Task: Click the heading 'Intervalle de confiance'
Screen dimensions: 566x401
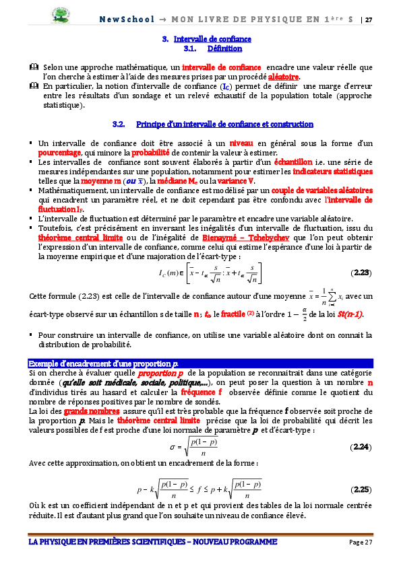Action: (x=212, y=39)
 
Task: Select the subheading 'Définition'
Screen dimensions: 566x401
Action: (x=225, y=49)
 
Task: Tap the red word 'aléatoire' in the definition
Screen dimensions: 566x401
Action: (x=284, y=77)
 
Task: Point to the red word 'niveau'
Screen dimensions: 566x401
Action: (x=242, y=143)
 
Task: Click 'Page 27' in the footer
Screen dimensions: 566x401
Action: (x=360, y=542)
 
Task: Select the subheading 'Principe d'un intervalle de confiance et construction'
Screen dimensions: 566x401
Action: (x=224, y=125)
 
